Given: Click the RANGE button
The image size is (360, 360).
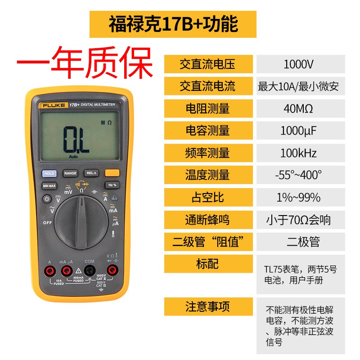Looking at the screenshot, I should pos(70,173).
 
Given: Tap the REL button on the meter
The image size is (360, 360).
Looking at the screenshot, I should pos(91,173).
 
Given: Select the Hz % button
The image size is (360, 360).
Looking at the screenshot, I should pos(112,185).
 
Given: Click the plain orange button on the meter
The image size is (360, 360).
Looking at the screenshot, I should pos(112,173).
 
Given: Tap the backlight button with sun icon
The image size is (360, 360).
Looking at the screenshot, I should pos(46,198).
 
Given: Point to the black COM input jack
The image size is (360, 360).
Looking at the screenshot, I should pos(90,270).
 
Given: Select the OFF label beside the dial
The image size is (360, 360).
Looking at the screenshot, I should pos(47,223).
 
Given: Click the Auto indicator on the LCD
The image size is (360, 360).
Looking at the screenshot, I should pos(73,157).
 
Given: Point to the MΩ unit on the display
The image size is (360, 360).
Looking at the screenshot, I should pos(106,122).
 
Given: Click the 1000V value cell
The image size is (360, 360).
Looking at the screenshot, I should pos(299,64).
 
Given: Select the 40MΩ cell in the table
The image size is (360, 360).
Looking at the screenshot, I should pos(299,108).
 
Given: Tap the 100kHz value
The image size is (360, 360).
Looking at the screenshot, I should pos(299,153).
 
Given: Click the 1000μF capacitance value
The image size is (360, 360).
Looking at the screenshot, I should pos(299,130).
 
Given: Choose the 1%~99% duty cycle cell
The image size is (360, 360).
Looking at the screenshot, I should pos(299,197).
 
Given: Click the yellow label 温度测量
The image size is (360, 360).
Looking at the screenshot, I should pos(208,175).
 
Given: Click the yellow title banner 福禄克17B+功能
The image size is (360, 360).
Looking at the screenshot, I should pos(173,24).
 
